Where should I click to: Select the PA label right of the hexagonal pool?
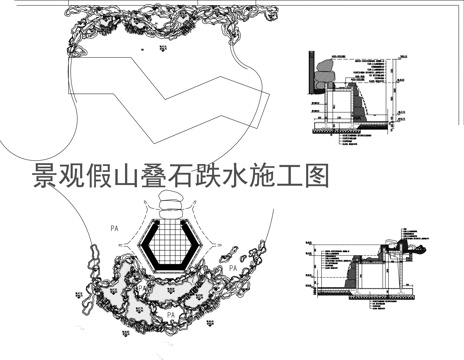232,268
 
